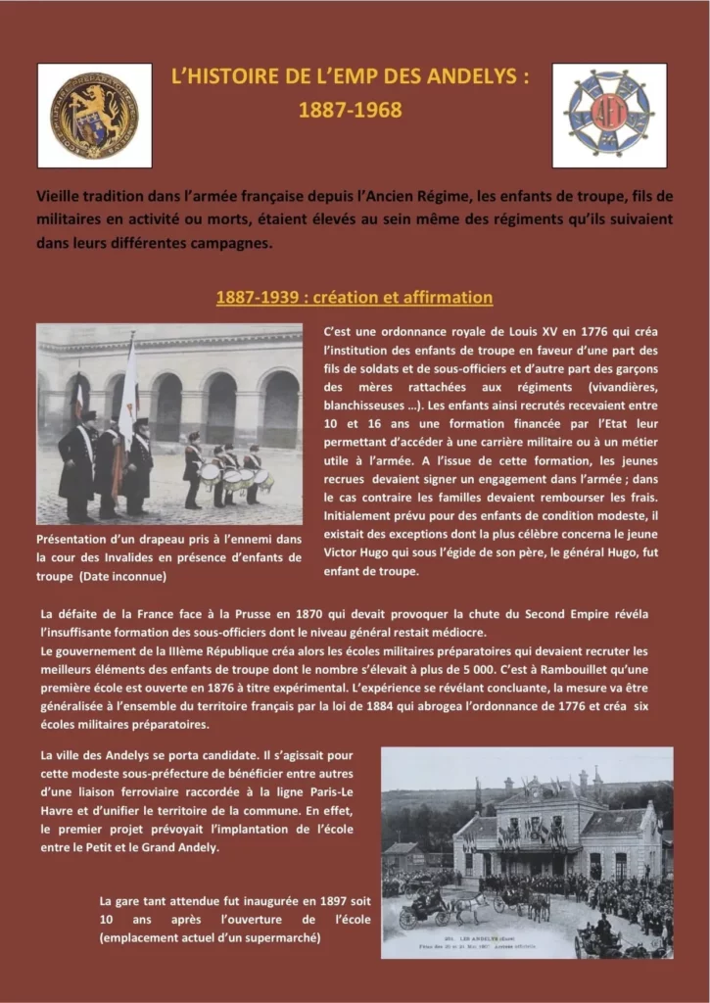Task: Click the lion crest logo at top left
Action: (x=94, y=115)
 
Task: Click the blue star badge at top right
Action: (x=609, y=115)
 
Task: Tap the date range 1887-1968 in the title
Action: (x=350, y=110)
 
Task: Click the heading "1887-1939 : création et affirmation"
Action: (x=354, y=297)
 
